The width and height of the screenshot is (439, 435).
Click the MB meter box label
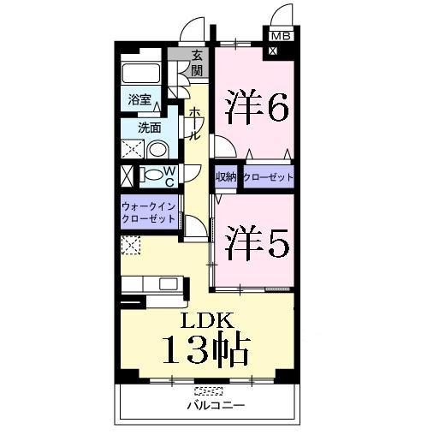tap(280, 37)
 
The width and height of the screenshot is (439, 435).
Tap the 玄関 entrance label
tap(198, 64)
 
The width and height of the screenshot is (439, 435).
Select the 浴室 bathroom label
tap(139, 99)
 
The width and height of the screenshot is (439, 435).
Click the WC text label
tap(169, 176)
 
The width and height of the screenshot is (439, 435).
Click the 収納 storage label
tap(226, 177)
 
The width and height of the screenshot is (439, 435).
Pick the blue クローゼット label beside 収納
tap(268, 177)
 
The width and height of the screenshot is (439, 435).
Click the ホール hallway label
tap(194, 123)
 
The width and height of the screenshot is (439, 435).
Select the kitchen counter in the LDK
tap(151, 283)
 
